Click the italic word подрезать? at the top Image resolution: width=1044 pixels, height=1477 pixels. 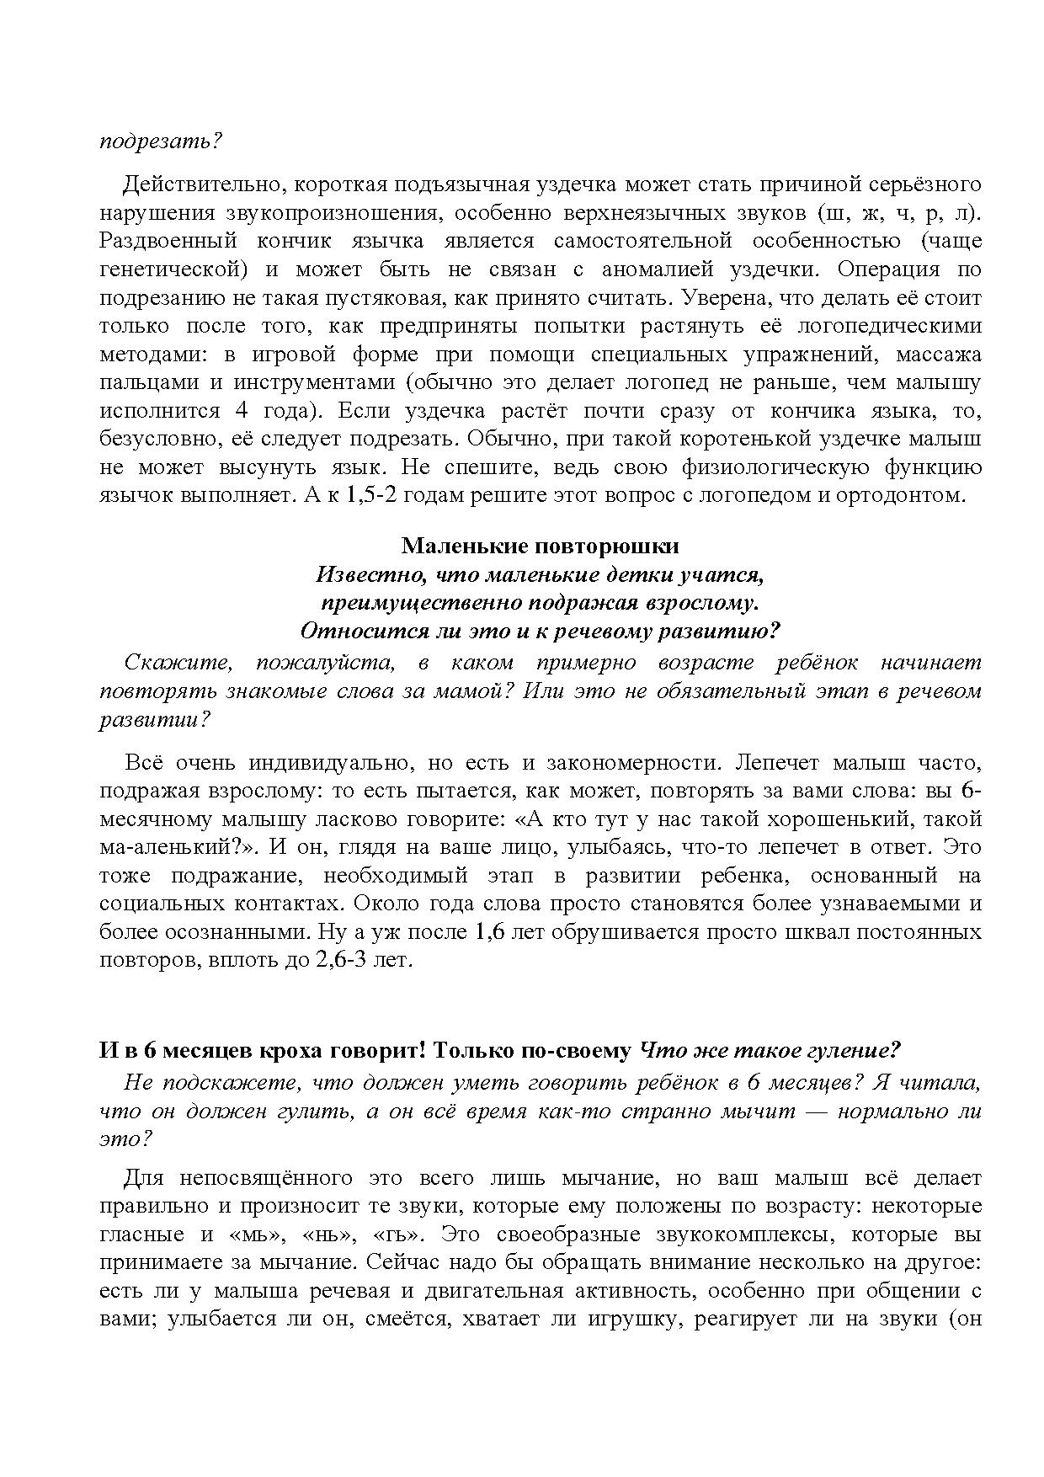(x=160, y=141)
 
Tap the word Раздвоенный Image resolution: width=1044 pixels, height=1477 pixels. (x=168, y=241)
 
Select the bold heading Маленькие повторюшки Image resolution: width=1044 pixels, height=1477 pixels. (x=540, y=546)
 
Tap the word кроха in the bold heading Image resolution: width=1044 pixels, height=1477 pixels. (x=290, y=1051)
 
